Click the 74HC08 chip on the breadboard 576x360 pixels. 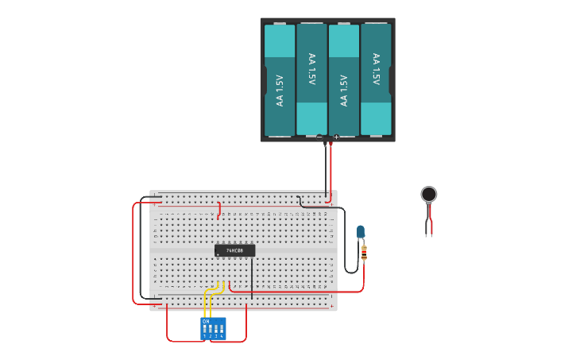click(x=235, y=250)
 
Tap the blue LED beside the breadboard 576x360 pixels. click(x=361, y=232)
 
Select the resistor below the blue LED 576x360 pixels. click(x=364, y=254)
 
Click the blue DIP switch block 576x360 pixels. click(x=213, y=328)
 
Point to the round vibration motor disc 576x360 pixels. click(x=429, y=194)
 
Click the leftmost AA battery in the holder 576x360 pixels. click(x=280, y=79)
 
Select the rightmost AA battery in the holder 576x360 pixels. click(x=376, y=79)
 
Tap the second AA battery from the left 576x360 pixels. click(x=311, y=79)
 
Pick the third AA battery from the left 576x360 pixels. click(x=344, y=79)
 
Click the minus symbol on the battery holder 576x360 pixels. click(x=320, y=137)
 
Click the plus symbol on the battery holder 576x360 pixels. click(x=336, y=137)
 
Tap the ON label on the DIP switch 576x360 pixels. click(x=206, y=321)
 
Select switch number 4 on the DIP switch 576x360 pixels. click(x=221, y=328)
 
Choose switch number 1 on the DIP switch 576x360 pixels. click(x=205, y=328)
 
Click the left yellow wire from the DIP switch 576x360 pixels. click(x=206, y=302)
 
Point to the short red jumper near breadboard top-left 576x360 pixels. click(x=219, y=209)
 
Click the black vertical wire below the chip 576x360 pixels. click(x=252, y=278)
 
